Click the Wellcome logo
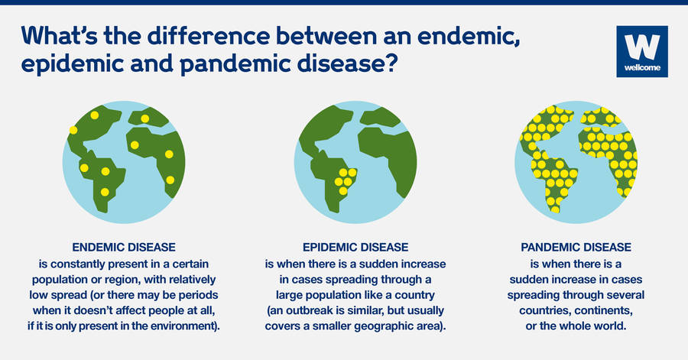point(641,52)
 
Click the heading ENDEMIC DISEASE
point(124,248)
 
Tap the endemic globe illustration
point(124,161)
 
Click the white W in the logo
point(641,47)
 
